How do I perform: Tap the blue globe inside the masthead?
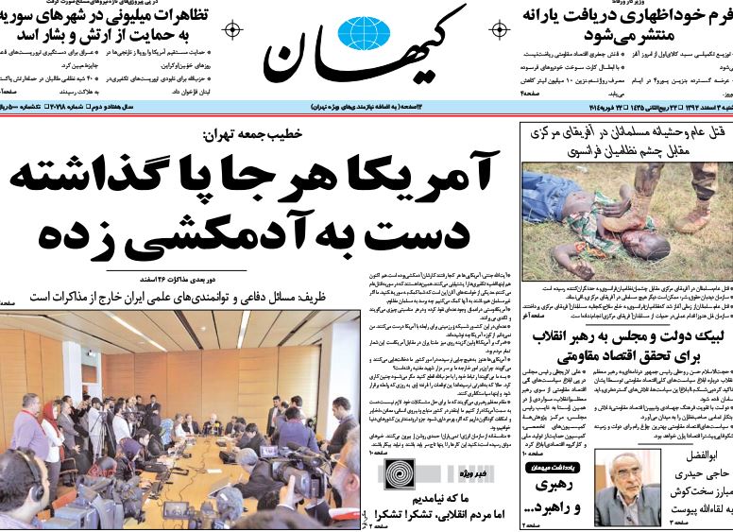(x=363, y=33)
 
